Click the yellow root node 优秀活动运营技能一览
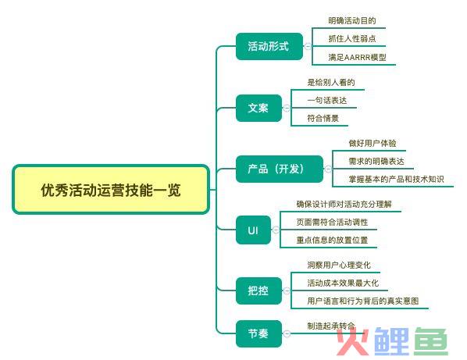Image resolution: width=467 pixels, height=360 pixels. tap(111, 190)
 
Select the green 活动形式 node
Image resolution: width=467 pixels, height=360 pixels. tap(269, 46)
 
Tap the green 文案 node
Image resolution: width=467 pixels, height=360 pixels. tap(258, 108)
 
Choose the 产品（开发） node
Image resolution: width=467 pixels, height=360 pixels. tap(280, 169)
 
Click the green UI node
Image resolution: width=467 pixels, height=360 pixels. tap(253, 230)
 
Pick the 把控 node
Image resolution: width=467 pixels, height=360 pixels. tap(258, 290)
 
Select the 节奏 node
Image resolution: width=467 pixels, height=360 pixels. tap(258, 333)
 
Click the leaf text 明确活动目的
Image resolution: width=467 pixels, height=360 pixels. tap(352, 20)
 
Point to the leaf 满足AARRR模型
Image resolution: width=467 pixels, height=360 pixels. tap(358, 57)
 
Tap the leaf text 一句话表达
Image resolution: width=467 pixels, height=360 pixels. tap(327, 101)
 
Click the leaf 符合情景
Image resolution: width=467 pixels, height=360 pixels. tap(323, 118)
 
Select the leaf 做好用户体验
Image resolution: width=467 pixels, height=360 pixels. tap(373, 143)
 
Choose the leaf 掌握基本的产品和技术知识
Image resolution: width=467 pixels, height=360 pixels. tap(396, 179)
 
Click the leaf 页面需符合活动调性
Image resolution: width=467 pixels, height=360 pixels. tap(332, 222)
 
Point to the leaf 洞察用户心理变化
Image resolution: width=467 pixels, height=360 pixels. tap(339, 265)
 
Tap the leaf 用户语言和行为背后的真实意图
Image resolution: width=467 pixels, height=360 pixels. tap(363, 301)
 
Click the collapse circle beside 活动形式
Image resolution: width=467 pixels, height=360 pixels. tap(308, 46)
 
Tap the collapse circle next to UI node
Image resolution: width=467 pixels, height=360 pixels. tap(276, 230)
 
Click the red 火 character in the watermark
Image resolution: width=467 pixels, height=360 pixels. tap(353, 341)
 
